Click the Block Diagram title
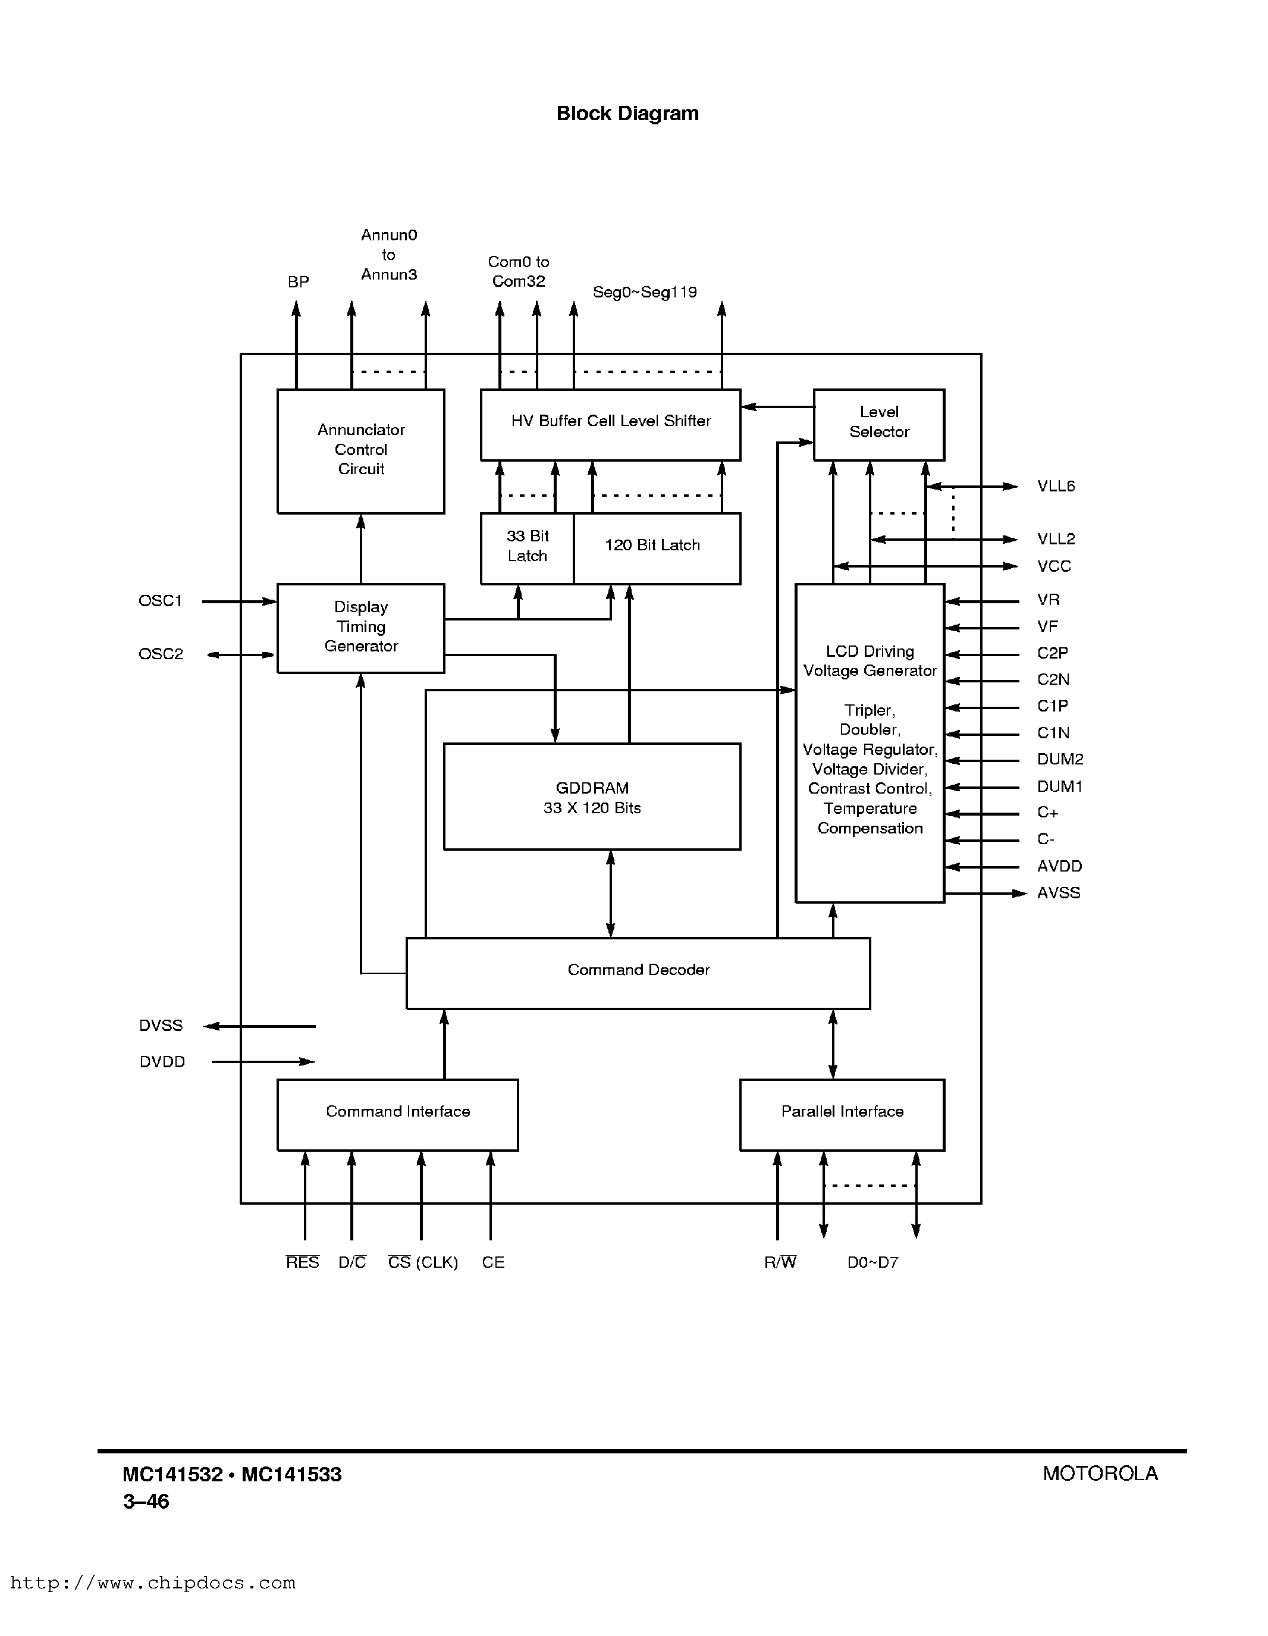coord(627,114)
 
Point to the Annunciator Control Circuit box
coord(361,450)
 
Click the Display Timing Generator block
coord(361,628)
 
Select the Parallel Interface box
coord(842,1113)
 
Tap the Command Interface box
coord(398,1113)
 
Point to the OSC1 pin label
coord(160,601)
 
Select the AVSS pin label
coord(1058,893)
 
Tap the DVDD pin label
coord(162,1062)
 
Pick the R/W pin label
coord(780,1263)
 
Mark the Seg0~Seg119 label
coord(644,292)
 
